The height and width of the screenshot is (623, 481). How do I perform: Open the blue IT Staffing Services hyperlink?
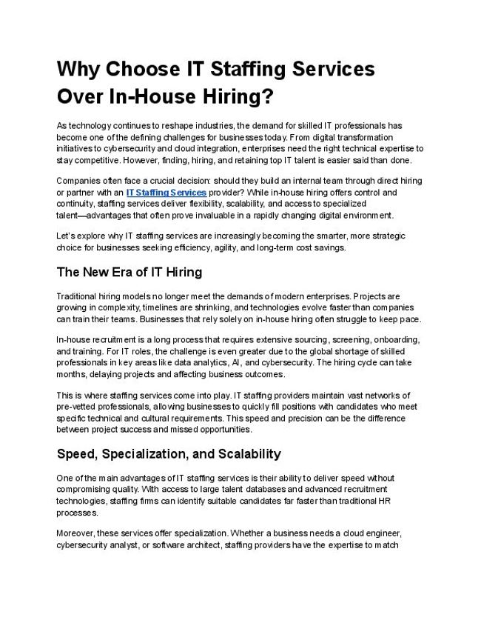click(166, 193)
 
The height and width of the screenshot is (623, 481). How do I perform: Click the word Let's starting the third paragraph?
click(66, 236)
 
